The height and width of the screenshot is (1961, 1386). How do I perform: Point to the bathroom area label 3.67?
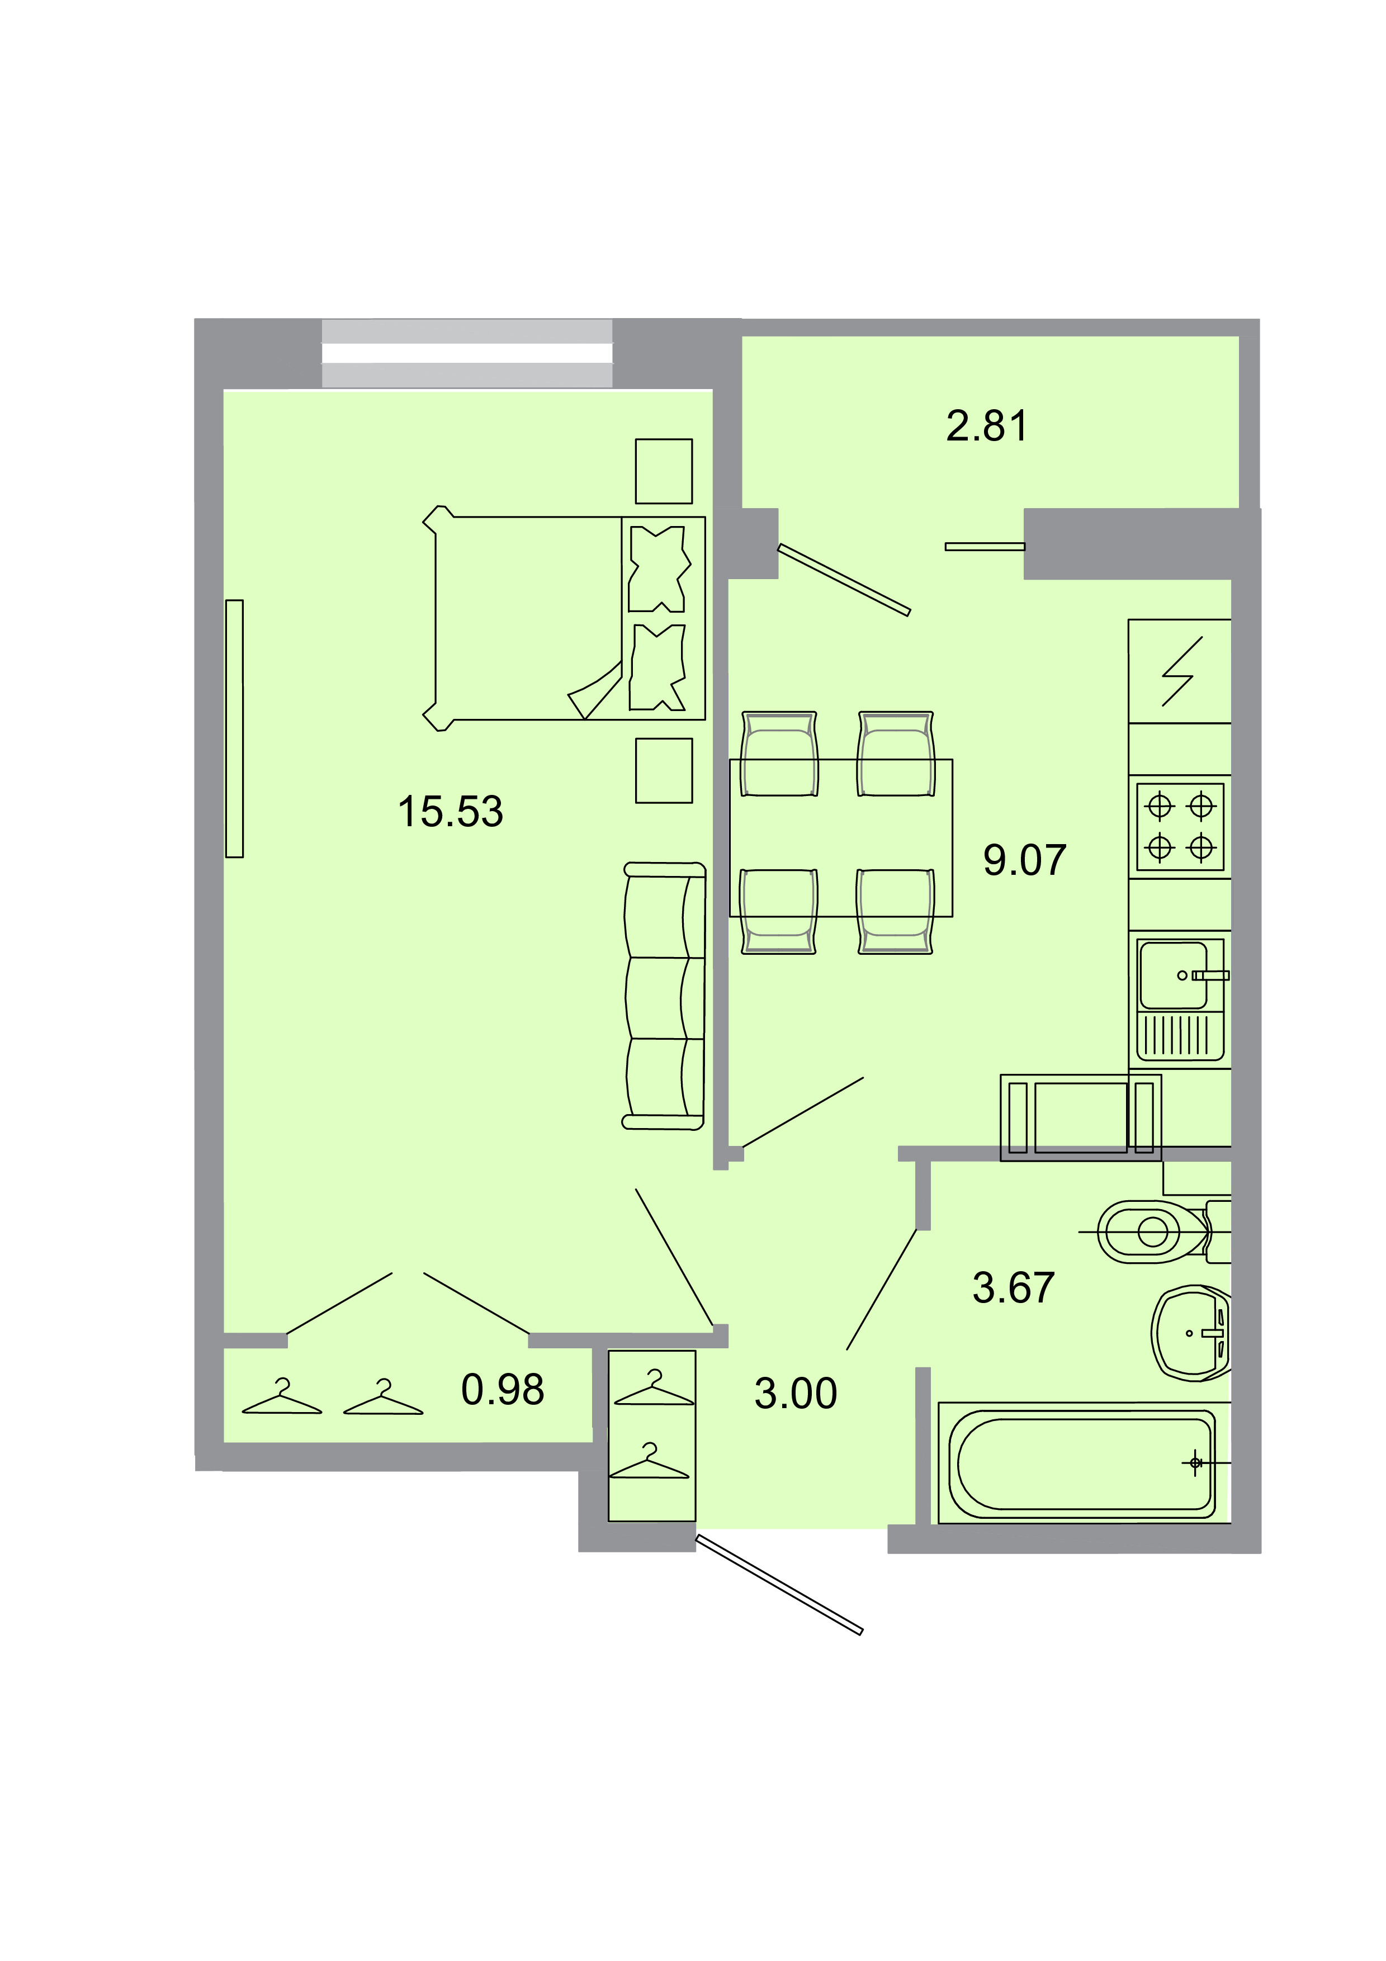point(1013,1288)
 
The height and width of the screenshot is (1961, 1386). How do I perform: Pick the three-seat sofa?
point(664,996)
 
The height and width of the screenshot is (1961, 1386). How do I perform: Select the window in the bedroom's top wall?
point(466,354)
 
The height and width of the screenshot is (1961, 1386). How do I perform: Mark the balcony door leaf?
point(844,579)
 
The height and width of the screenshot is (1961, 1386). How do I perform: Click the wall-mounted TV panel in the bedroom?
point(234,728)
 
